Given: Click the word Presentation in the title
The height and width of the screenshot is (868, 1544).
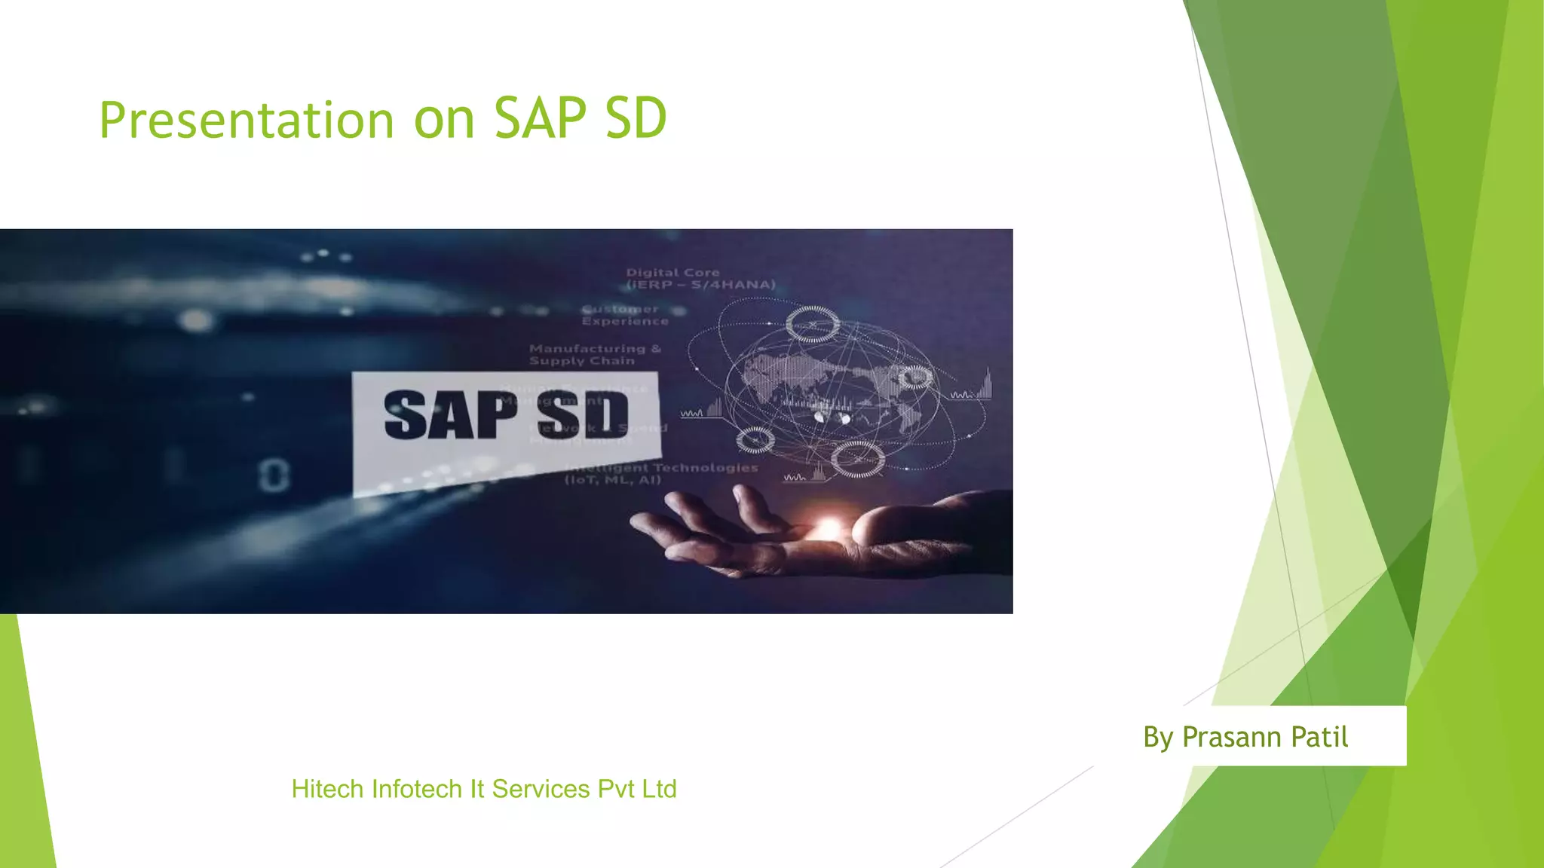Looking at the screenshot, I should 247,120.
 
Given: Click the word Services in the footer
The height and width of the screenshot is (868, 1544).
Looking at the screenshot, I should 541,789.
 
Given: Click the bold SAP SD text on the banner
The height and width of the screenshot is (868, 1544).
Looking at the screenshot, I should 506,415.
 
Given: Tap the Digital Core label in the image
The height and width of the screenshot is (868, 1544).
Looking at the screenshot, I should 700,278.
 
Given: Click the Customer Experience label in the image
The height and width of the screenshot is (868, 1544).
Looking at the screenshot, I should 624,315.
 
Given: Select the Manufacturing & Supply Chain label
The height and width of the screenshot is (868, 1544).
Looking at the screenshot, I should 595,354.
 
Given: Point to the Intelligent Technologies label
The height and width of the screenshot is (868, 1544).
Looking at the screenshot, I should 662,473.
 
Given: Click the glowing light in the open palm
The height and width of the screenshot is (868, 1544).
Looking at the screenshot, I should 829,527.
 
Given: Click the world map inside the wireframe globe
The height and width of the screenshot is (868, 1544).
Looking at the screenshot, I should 829,384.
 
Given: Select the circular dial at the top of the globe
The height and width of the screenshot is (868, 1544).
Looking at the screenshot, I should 813,325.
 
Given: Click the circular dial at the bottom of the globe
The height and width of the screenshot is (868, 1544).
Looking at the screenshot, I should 858,458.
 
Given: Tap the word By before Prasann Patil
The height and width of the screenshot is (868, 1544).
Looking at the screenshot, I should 1158,737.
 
